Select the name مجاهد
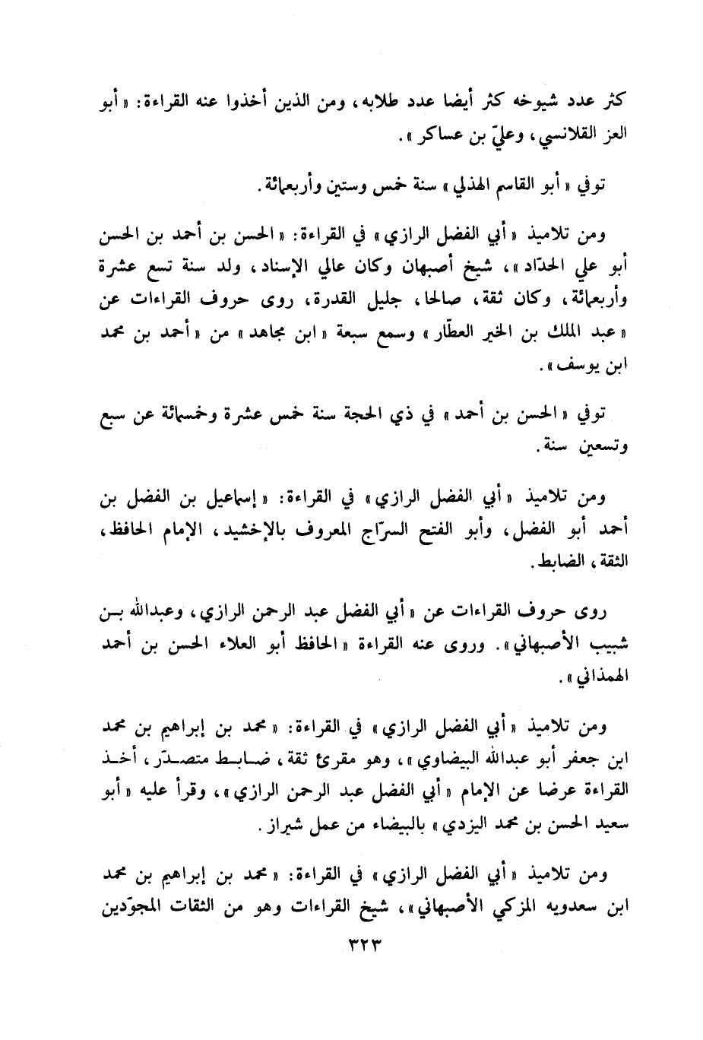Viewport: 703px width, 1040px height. [255, 339]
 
